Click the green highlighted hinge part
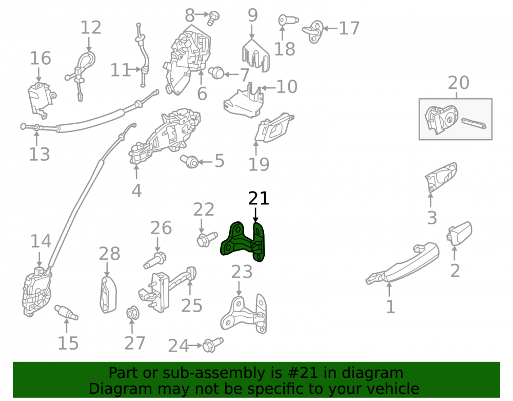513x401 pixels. pyautogui.click(x=243, y=242)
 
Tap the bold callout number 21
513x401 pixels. pyautogui.click(x=259, y=199)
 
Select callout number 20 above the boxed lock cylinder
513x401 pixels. pyautogui.click(x=458, y=83)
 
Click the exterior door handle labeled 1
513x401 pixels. pyautogui.click(x=402, y=264)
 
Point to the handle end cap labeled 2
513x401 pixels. pyautogui.click(x=459, y=233)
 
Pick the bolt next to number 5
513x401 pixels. pyautogui.click(x=190, y=161)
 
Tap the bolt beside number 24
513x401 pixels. pyautogui.click(x=213, y=345)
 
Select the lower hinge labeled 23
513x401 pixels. pyautogui.click(x=244, y=314)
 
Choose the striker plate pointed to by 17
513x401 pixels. pyautogui.click(x=313, y=31)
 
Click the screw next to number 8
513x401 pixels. pyautogui.click(x=213, y=17)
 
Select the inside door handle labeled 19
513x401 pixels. pyautogui.click(x=274, y=128)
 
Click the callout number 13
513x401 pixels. pyautogui.click(x=40, y=154)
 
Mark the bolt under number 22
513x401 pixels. pyautogui.click(x=207, y=239)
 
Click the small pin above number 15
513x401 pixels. pyautogui.click(x=66, y=312)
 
